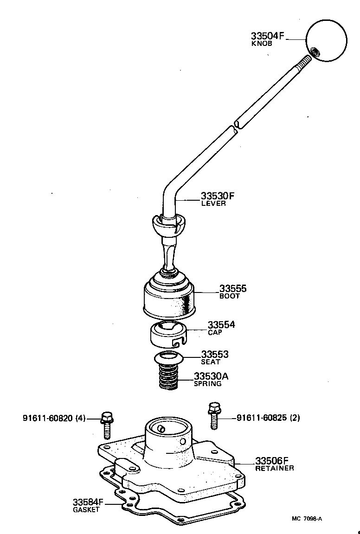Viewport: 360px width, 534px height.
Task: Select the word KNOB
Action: [x=261, y=44]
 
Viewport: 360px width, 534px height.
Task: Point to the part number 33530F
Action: [x=218, y=196]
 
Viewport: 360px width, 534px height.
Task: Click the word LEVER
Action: [x=213, y=203]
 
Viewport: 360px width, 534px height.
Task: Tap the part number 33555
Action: [x=233, y=289]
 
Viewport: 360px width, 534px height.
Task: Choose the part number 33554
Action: [x=221, y=324]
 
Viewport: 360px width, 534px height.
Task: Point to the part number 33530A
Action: [x=211, y=376]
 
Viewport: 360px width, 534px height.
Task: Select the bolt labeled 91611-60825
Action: [x=214, y=417]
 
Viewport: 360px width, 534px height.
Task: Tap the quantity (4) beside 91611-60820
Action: [x=80, y=418]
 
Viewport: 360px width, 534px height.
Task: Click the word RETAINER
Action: [x=275, y=468]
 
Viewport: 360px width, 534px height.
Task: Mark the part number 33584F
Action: [x=88, y=502]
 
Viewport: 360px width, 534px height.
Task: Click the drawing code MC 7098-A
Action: [x=307, y=519]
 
